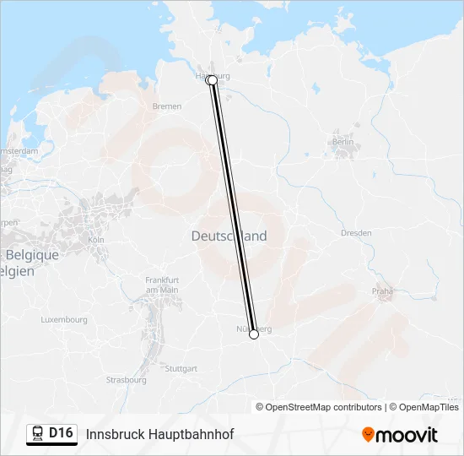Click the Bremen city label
tap(167, 106)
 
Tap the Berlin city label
tap(343, 142)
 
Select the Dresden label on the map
tap(355, 232)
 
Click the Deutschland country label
tap(229, 236)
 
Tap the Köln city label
tap(95, 240)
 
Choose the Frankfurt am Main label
tap(162, 285)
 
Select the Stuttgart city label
tap(181, 369)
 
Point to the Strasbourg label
tap(126, 380)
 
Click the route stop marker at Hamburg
tap(212, 80)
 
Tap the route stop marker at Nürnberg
tap(254, 335)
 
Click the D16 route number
tap(61, 433)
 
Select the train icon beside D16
tap(38, 433)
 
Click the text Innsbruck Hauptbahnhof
tap(159, 434)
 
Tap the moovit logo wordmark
tap(407, 435)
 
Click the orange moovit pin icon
tap(368, 435)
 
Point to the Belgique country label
tap(32, 255)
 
